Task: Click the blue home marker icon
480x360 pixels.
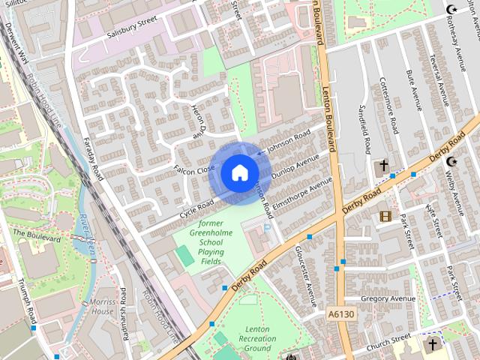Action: pyautogui.click(x=239, y=172)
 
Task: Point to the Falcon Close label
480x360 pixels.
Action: pyautogui.click(x=194, y=170)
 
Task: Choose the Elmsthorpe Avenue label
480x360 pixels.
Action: pyautogui.click(x=303, y=193)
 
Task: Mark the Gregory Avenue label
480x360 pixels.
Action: pyautogui.click(x=388, y=298)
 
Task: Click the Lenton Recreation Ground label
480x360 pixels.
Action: pyautogui.click(x=257, y=338)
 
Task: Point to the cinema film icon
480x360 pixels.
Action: pyautogui.click(x=385, y=216)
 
